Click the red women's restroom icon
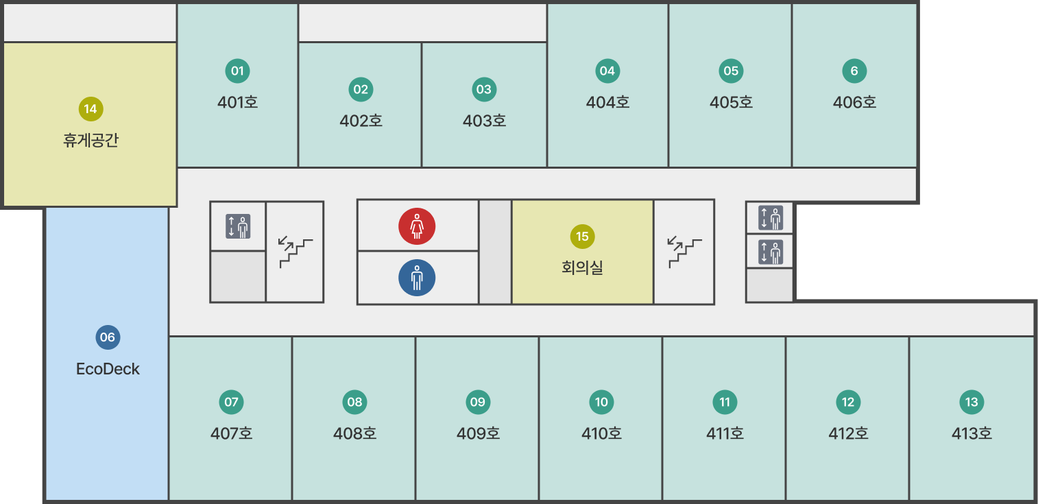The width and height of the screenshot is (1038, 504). [417, 226]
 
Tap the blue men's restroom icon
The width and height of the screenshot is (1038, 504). [417, 278]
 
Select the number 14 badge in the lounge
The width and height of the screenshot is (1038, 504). [90, 109]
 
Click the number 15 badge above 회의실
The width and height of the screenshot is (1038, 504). [582, 237]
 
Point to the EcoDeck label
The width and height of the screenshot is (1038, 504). [108, 369]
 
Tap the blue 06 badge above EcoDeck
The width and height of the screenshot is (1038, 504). [108, 337]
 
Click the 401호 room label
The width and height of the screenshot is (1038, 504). [237, 102]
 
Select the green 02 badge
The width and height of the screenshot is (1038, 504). [361, 90]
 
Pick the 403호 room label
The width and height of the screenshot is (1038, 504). [484, 121]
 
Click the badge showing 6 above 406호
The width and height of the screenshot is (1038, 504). [854, 71]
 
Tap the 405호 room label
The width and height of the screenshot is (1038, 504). [731, 102]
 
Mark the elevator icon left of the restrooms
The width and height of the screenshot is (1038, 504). [238, 226]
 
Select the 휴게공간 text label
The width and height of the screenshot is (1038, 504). [90, 140]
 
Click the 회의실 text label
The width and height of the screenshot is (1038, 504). [582, 267]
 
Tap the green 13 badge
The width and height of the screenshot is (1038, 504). [971, 402]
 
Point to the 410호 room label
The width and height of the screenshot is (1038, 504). [601, 433]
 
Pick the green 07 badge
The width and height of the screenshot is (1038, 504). [231, 402]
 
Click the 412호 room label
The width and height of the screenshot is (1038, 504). [848, 433]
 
